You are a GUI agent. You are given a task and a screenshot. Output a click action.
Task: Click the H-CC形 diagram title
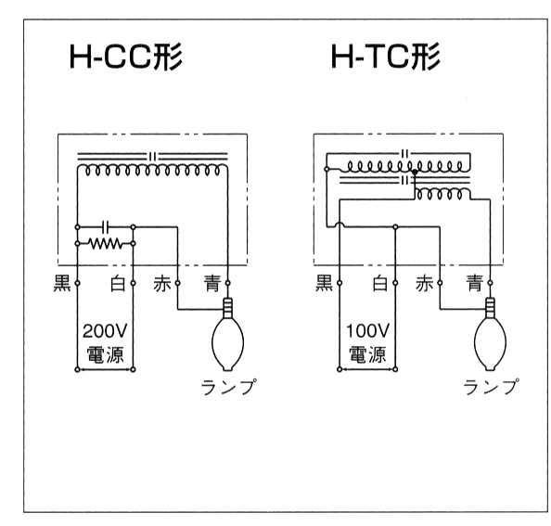(x=126, y=57)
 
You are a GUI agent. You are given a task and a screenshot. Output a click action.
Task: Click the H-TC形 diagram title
(x=386, y=57)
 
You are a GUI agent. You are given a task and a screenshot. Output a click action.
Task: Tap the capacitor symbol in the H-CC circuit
(x=106, y=227)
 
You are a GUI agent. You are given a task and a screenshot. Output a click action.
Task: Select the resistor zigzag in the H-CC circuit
(x=105, y=243)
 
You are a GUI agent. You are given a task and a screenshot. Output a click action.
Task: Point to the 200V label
(x=105, y=331)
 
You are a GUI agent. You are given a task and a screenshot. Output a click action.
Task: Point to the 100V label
(x=367, y=331)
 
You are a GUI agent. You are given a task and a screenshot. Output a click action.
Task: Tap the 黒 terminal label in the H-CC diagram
(x=62, y=283)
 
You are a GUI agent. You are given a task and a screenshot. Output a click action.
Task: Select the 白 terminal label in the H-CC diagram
(x=118, y=283)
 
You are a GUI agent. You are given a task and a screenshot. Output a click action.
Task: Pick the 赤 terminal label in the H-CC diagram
(x=162, y=283)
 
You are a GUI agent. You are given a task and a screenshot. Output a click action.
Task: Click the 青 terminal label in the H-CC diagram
(x=213, y=283)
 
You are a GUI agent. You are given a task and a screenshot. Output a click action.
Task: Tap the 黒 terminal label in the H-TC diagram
(x=324, y=283)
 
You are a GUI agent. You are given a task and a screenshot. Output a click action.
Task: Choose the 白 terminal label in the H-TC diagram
(x=380, y=283)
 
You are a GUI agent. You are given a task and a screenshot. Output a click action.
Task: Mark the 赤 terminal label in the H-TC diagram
(x=424, y=283)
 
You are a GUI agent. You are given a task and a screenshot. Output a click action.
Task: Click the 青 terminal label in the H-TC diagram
(x=475, y=283)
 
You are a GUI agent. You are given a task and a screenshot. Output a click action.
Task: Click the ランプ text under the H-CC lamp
(x=228, y=387)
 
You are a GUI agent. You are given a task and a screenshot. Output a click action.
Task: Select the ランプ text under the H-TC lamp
(x=491, y=387)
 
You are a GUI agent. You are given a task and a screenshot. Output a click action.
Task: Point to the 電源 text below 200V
(x=105, y=354)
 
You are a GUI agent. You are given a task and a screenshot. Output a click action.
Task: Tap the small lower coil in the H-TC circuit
(x=442, y=195)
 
